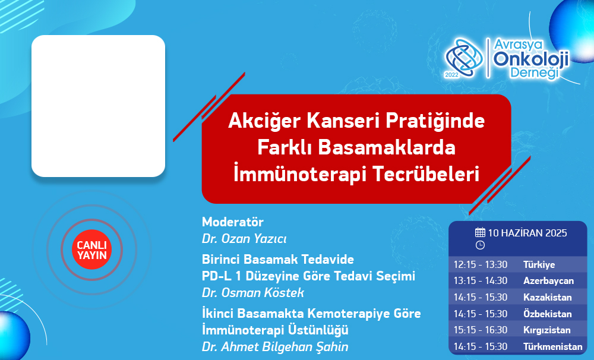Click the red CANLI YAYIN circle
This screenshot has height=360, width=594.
(91, 250)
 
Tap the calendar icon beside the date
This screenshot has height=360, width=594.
(480, 232)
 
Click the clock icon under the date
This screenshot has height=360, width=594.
(480, 245)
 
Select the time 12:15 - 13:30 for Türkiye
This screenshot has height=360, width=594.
(481, 264)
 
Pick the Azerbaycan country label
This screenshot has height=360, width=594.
(548, 281)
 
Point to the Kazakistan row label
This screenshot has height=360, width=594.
(548, 297)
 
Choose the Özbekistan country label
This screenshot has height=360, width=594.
(548, 314)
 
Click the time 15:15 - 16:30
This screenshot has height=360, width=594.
(481, 330)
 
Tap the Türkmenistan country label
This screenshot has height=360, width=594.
(552, 346)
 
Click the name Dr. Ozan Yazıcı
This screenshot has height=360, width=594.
(244, 239)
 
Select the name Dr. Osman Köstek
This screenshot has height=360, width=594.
(252, 292)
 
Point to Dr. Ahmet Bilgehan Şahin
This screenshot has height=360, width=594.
(275, 346)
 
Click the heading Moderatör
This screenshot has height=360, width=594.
(233, 222)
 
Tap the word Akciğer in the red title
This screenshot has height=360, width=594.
(264, 121)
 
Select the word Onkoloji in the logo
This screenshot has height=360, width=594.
(531, 59)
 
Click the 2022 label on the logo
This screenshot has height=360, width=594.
(451, 75)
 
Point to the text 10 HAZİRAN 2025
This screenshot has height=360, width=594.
(527, 233)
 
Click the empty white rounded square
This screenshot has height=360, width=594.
(98, 106)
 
